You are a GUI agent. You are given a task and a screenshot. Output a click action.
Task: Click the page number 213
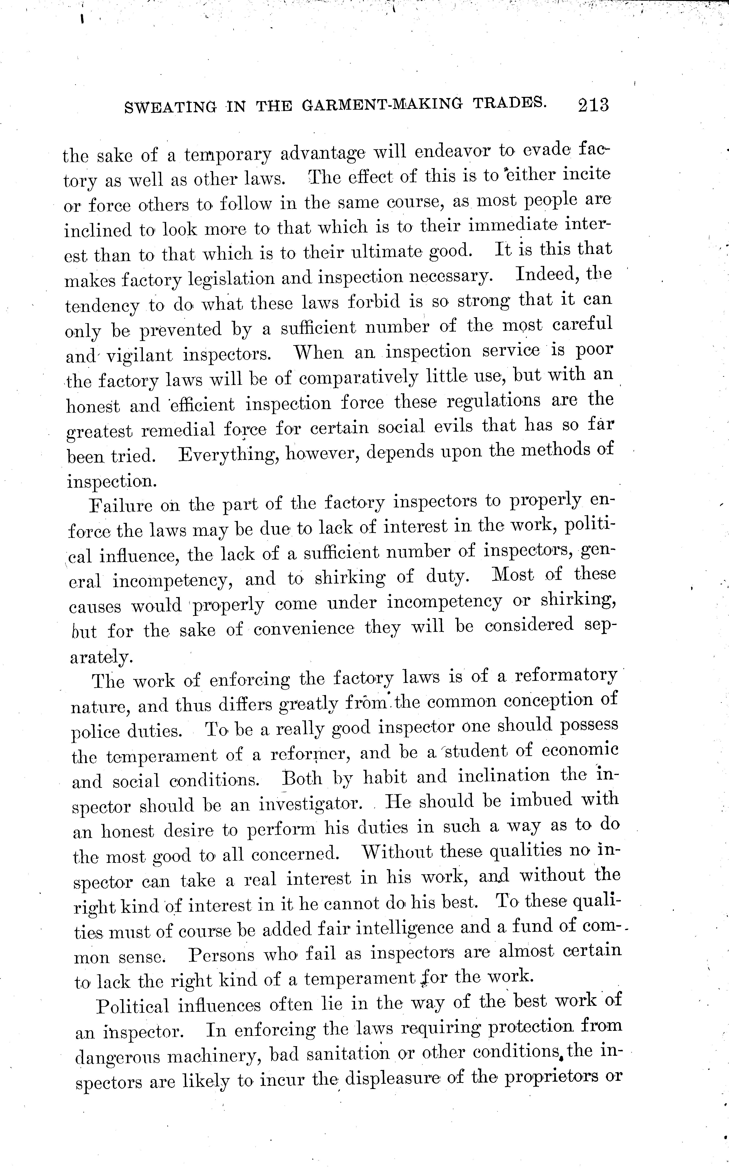point(593,105)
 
